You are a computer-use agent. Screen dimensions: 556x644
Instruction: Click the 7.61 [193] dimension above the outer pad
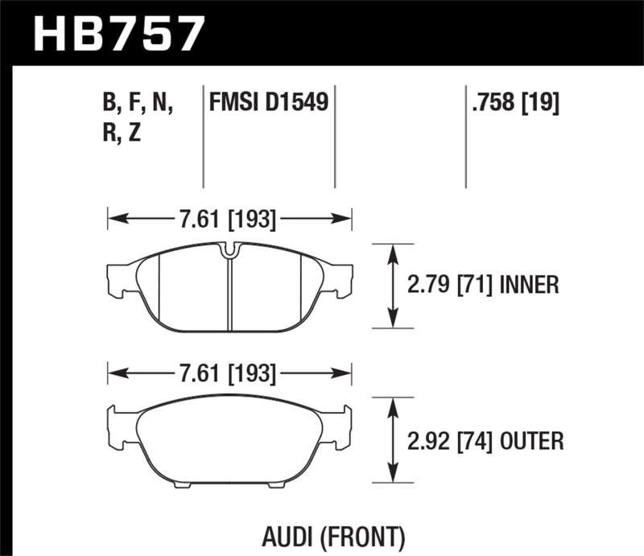pyautogui.click(x=229, y=374)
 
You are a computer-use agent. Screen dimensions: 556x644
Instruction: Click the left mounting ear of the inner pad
pyautogui.click(x=118, y=278)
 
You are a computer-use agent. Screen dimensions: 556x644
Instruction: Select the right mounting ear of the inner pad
pyautogui.click(x=342, y=278)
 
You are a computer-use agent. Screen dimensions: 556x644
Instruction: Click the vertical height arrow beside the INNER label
pyautogui.click(x=393, y=285)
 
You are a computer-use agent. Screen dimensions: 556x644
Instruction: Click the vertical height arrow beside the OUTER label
pyautogui.click(x=393, y=440)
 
